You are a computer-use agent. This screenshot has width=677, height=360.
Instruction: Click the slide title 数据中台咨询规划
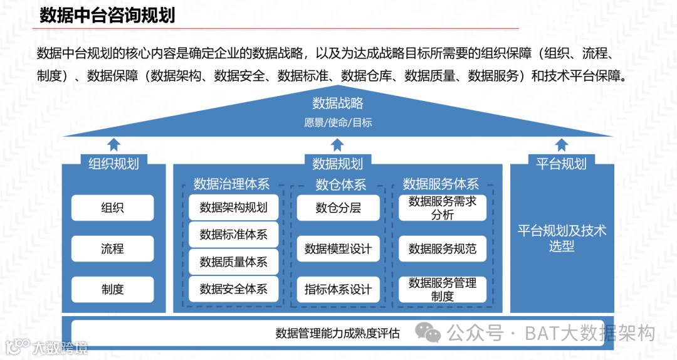(107, 15)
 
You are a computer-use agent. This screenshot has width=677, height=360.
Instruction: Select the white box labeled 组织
(112, 208)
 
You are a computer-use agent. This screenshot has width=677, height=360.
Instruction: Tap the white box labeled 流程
(112, 249)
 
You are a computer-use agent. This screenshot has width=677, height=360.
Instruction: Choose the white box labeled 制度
(112, 289)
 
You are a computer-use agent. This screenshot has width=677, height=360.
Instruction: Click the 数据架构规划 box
(233, 208)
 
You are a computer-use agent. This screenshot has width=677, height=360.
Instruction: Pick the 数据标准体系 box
(233, 235)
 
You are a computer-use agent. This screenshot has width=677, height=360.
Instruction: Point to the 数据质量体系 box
(233, 262)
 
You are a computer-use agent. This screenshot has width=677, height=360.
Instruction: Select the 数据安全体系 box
(233, 289)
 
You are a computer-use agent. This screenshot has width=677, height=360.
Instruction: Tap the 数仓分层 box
(338, 208)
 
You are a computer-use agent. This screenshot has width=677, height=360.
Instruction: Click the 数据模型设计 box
(338, 249)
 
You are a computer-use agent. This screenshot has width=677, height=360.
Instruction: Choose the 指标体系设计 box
(338, 289)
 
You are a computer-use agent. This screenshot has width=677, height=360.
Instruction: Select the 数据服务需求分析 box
(443, 208)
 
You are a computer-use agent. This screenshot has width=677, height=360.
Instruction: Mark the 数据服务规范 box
(443, 249)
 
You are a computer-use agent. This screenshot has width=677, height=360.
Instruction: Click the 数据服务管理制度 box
(443, 289)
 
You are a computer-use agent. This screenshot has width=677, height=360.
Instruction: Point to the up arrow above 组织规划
(113, 145)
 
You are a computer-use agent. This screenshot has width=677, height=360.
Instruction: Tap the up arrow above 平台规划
(561, 145)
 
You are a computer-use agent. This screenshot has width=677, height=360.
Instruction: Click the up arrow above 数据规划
(337, 145)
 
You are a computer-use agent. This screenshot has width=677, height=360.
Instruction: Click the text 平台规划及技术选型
(562, 238)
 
